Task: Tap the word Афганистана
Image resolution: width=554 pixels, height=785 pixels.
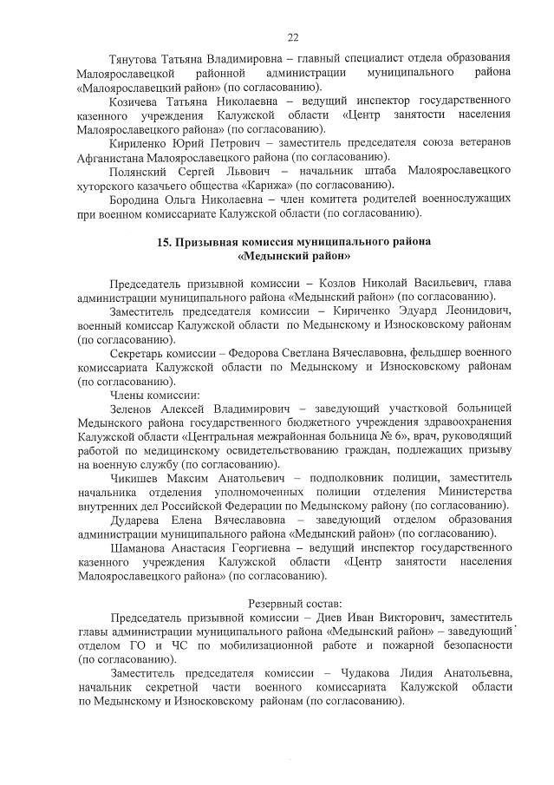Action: tap(111, 157)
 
